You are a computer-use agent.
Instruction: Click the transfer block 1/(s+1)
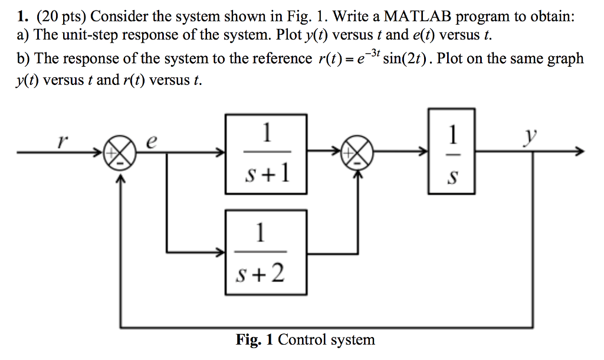[266, 153]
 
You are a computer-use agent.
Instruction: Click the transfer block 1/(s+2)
[266, 253]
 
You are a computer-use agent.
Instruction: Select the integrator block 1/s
[451, 150]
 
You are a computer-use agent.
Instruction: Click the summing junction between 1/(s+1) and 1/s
[360, 153]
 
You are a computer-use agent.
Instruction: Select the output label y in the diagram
[531, 137]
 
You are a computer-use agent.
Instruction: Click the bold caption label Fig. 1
[255, 340]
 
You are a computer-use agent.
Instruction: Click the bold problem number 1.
[21, 17]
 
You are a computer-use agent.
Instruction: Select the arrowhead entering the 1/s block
[424, 153]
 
